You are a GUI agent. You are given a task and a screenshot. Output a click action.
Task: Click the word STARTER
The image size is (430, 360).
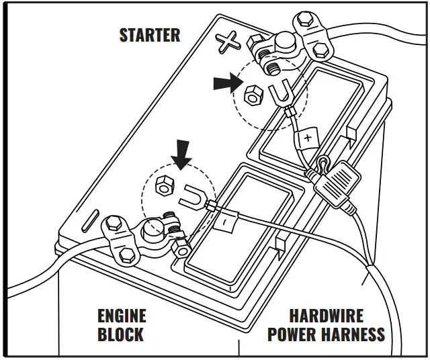(149, 35)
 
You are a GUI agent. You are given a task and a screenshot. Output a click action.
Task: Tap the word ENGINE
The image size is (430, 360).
(122, 316)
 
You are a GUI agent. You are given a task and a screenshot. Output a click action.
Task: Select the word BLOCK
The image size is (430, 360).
(122, 334)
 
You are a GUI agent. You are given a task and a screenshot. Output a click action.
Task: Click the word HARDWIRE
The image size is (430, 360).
(326, 316)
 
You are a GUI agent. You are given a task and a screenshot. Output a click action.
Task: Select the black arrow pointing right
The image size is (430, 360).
(224, 83)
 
